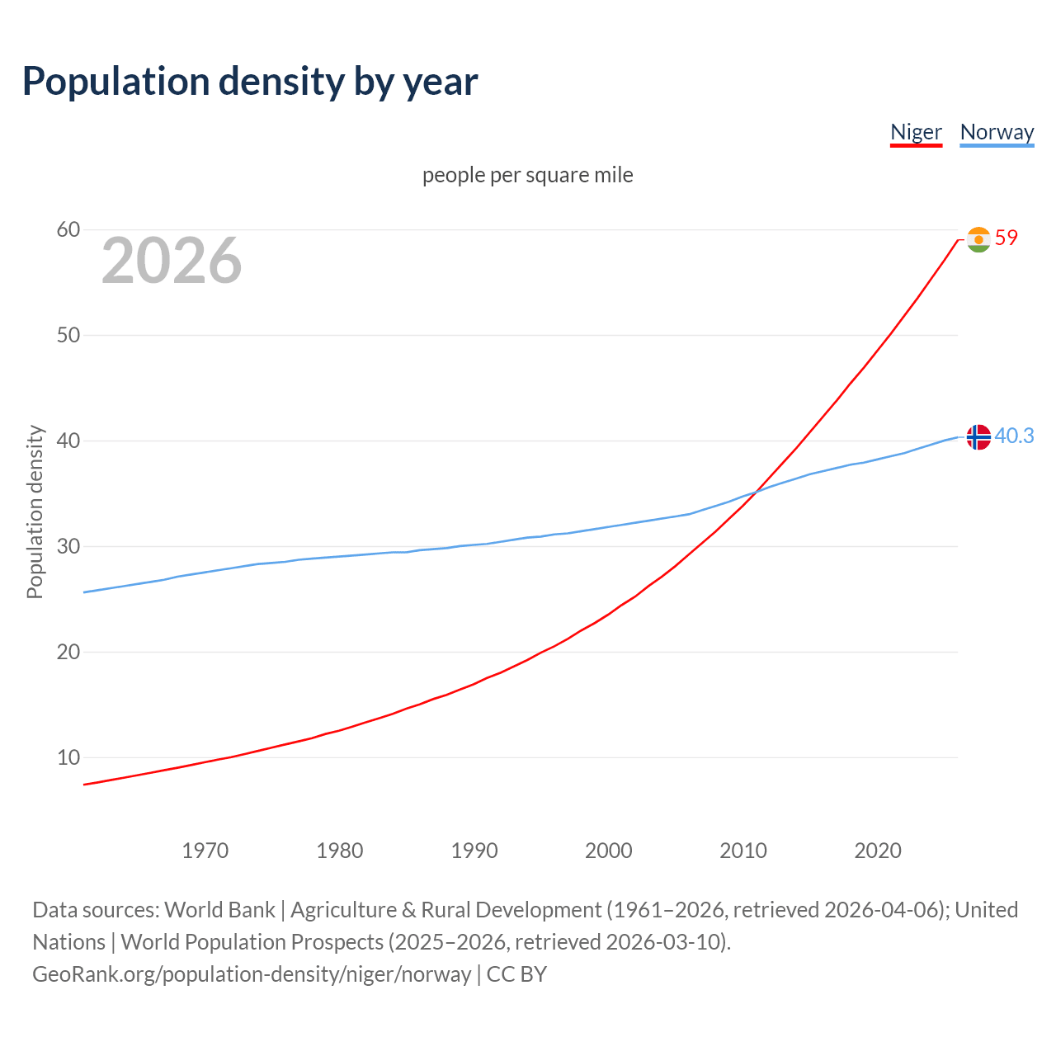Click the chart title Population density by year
tap(250, 82)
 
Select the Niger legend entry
tap(916, 132)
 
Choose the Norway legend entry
tap(997, 132)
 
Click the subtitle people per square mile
tap(527, 175)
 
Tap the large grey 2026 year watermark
tap(172, 261)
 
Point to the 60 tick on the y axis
tap(68, 229)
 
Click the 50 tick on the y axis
tap(68, 335)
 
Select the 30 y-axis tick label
tap(68, 546)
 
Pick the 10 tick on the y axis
tap(68, 757)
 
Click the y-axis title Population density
tap(35, 511)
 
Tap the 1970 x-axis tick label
tap(205, 851)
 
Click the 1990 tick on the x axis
tap(474, 851)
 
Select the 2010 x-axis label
tap(742, 851)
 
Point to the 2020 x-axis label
tap(877, 851)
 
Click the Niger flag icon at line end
tap(978, 239)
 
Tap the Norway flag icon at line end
tap(978, 436)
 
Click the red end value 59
tap(1006, 238)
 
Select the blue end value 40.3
tap(1014, 436)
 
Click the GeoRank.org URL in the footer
tap(252, 974)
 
